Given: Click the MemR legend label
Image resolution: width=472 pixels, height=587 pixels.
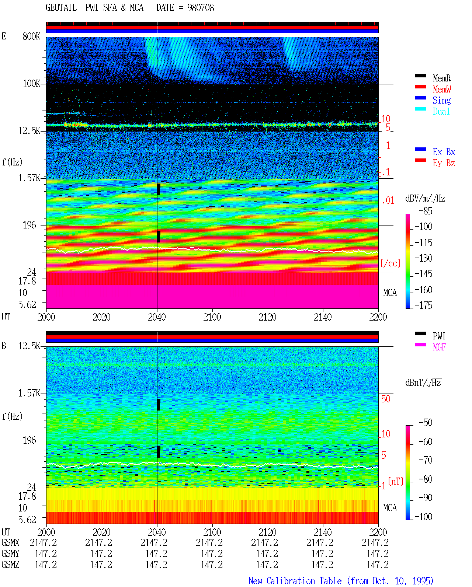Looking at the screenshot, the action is (x=441, y=78).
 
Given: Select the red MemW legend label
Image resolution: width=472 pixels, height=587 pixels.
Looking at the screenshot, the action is (x=441, y=89).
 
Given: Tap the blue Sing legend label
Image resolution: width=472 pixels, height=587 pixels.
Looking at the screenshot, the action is (x=441, y=100).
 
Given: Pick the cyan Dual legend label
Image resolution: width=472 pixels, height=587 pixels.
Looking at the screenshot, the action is (x=441, y=111).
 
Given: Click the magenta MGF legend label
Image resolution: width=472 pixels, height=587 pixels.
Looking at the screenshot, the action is (x=439, y=347).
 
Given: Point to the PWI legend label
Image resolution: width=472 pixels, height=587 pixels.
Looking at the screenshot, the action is (x=439, y=336).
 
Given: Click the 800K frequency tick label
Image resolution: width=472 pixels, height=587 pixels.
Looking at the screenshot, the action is (x=31, y=36).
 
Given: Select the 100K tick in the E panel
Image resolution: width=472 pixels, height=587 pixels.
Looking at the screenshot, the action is (x=31, y=84).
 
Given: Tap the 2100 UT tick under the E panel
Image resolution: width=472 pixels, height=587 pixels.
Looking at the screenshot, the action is (x=212, y=317).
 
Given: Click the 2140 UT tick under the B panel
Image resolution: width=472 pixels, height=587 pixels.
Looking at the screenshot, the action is (x=323, y=532).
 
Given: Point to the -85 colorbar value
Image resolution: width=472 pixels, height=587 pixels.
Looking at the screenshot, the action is (x=426, y=211).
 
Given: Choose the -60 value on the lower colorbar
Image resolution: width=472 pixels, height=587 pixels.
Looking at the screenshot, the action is (x=426, y=441).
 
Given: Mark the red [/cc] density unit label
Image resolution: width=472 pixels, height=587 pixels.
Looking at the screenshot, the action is (x=391, y=263).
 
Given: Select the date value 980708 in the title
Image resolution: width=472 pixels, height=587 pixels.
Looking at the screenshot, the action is (x=201, y=8).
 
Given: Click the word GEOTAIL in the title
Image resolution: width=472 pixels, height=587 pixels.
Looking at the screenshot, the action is (x=61, y=8).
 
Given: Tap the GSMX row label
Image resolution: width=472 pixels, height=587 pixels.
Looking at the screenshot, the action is (x=10, y=543).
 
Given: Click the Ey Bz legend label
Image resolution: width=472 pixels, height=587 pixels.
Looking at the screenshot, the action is (x=444, y=163).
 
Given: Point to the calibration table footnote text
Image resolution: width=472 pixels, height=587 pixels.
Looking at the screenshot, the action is (x=341, y=581).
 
